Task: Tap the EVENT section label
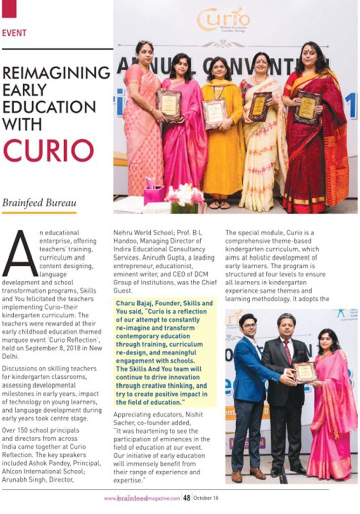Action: pyautogui.click(x=14, y=33)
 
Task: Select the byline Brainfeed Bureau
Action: pyautogui.click(x=39, y=203)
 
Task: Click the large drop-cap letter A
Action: pyautogui.click(x=20, y=253)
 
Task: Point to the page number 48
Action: pyautogui.click(x=186, y=498)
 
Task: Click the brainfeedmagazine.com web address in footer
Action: pyautogui.click(x=142, y=498)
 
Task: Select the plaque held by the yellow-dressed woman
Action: pyautogui.click(x=215, y=113)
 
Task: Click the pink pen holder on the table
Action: pyautogui.click(x=154, y=193)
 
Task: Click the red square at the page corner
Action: pyautogui.click(x=9, y=8)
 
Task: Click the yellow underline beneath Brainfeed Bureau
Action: pyautogui.click(x=39, y=213)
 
